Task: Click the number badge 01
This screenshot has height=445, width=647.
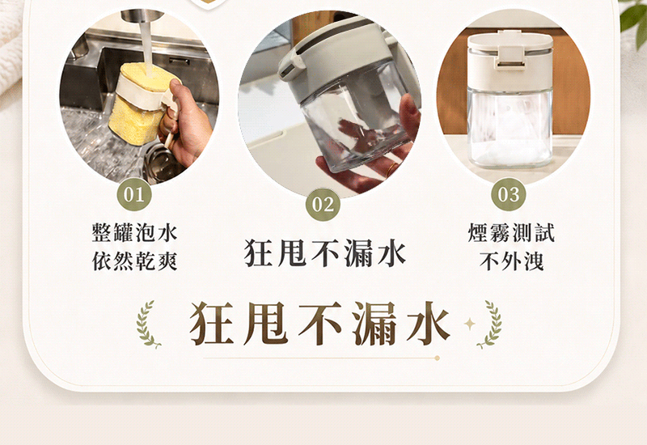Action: (134, 194)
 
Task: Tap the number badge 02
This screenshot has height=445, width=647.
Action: (323, 205)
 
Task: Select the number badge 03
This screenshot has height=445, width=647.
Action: (509, 194)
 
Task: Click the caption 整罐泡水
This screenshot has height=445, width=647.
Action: (134, 232)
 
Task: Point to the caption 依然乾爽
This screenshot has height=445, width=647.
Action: (134, 261)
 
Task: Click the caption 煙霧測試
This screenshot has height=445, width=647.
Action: (511, 232)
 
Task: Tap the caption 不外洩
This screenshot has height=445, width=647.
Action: (511, 261)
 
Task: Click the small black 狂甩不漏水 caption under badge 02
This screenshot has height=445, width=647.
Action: (325, 252)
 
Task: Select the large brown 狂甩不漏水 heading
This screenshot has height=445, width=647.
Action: (319, 324)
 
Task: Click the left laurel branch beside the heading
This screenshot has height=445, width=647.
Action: (147, 324)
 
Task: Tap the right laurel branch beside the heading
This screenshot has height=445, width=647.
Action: (491, 324)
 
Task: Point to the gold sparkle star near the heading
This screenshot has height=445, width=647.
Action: (469, 324)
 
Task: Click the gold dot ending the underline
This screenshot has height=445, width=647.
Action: (437, 358)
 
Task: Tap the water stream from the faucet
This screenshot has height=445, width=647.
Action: (146, 45)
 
